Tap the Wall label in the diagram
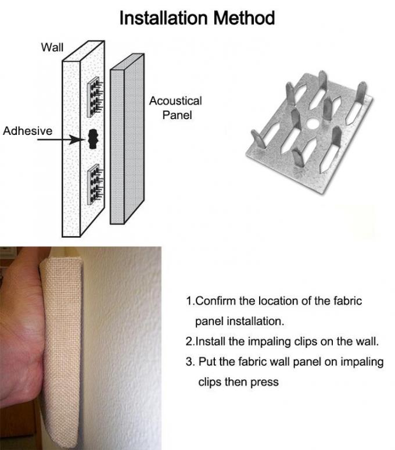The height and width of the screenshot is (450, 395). (52, 47)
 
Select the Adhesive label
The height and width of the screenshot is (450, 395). (27, 131)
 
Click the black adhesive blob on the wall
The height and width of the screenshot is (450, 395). (92, 140)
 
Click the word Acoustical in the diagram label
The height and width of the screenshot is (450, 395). (175, 101)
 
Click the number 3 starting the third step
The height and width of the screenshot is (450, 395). (189, 362)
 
